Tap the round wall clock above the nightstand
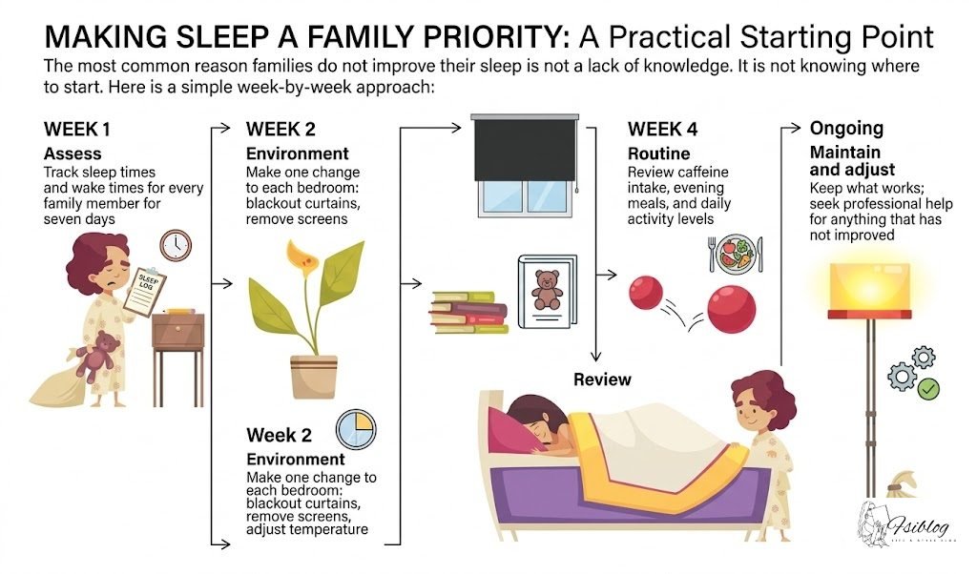pyautogui.click(x=176, y=245)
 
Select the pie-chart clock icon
pyautogui.click(x=355, y=428)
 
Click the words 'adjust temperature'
pyautogui.click(x=307, y=529)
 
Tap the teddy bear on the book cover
pyautogui.click(x=547, y=289)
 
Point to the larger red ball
pyautogui.click(x=731, y=307)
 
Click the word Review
pyautogui.click(x=602, y=379)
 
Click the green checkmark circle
pyautogui.click(x=927, y=389)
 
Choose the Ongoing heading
pyautogui.click(x=846, y=128)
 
